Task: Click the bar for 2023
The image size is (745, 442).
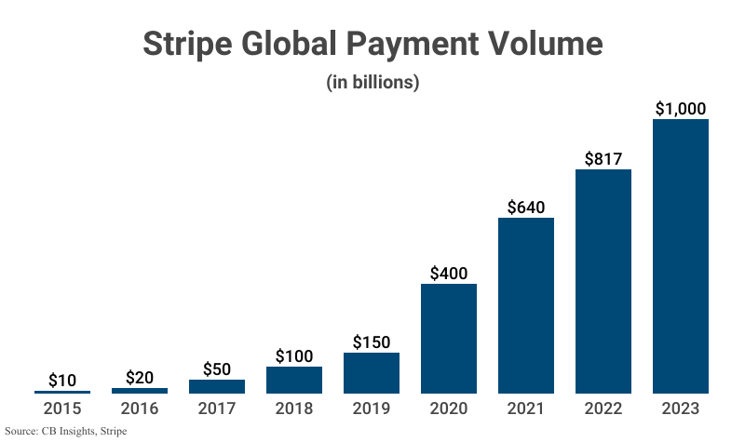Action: [x=681, y=256]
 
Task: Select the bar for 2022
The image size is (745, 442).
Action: [x=603, y=281]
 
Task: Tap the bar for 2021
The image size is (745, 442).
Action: [x=526, y=305]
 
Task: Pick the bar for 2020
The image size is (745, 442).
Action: [x=449, y=339]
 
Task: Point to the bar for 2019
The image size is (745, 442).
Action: [x=372, y=373]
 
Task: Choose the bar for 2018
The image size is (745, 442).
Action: [x=294, y=380]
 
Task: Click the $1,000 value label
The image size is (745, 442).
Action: [x=681, y=109]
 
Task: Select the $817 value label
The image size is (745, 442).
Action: [x=603, y=158]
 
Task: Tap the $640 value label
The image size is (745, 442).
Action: [x=526, y=207]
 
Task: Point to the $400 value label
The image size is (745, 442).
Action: [x=449, y=274]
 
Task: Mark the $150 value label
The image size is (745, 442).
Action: [x=372, y=342]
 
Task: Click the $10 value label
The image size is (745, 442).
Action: [x=62, y=381]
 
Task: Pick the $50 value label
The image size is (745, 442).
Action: [x=217, y=368]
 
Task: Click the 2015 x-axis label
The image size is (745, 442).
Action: [x=62, y=408]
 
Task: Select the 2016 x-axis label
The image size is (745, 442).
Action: [x=140, y=408]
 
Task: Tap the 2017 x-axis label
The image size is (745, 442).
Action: [x=217, y=408]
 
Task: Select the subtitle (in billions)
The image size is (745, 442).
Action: [x=372, y=82]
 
